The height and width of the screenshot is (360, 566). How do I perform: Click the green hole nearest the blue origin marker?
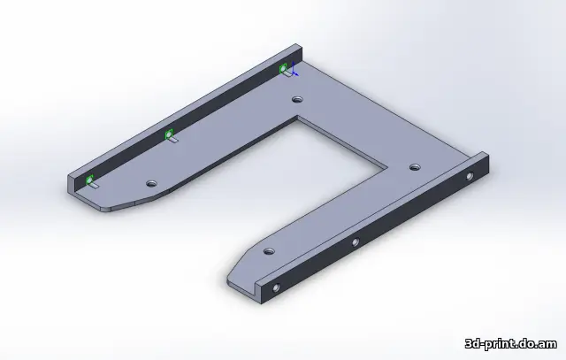coord(284,68)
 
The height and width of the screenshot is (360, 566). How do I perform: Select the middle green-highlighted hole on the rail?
coord(168,134)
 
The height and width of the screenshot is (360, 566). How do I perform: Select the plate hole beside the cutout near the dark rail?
coord(413,166)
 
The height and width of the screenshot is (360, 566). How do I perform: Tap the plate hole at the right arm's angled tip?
coord(270,252)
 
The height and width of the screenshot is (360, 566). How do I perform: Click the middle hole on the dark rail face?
coord(355,241)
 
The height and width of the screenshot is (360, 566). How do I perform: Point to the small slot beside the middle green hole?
coord(174,140)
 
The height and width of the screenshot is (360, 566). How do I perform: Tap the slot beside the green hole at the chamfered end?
coord(95,187)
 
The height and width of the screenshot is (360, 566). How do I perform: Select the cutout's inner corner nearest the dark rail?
coord(386,165)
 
